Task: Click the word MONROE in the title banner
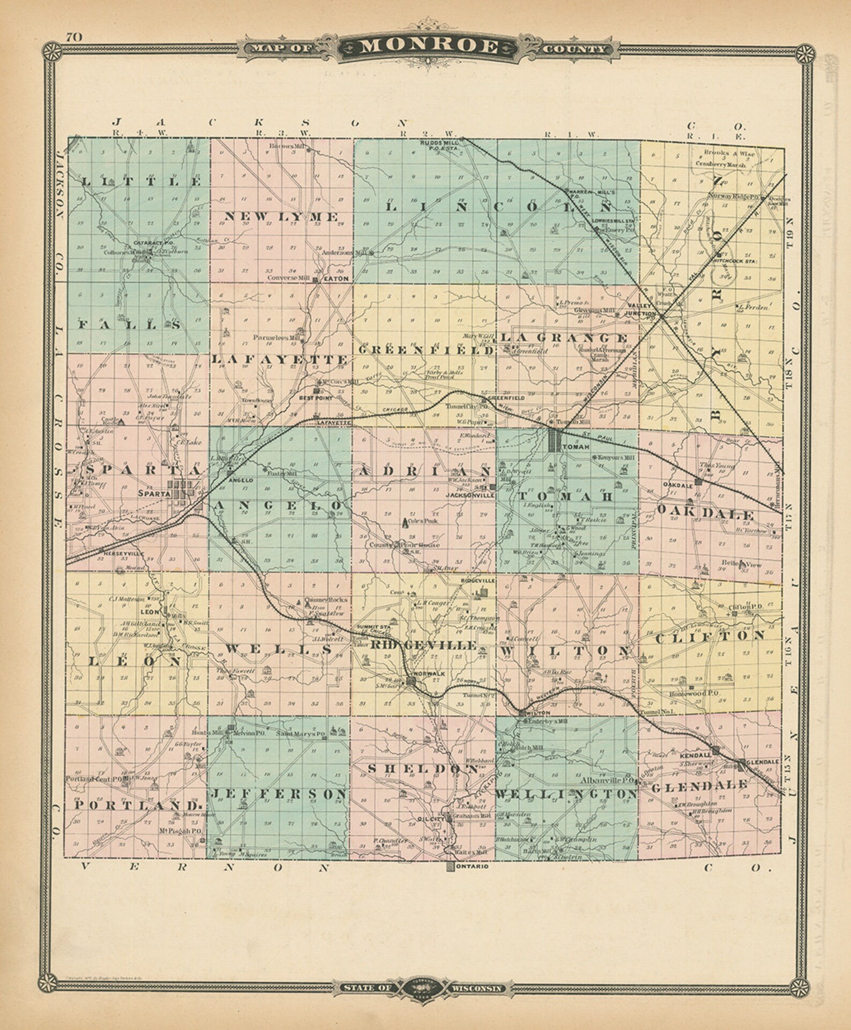tap(429, 47)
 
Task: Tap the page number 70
tap(73, 37)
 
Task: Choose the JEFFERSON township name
tap(279, 795)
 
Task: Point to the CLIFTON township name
tap(710, 636)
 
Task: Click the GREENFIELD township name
tap(427, 350)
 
